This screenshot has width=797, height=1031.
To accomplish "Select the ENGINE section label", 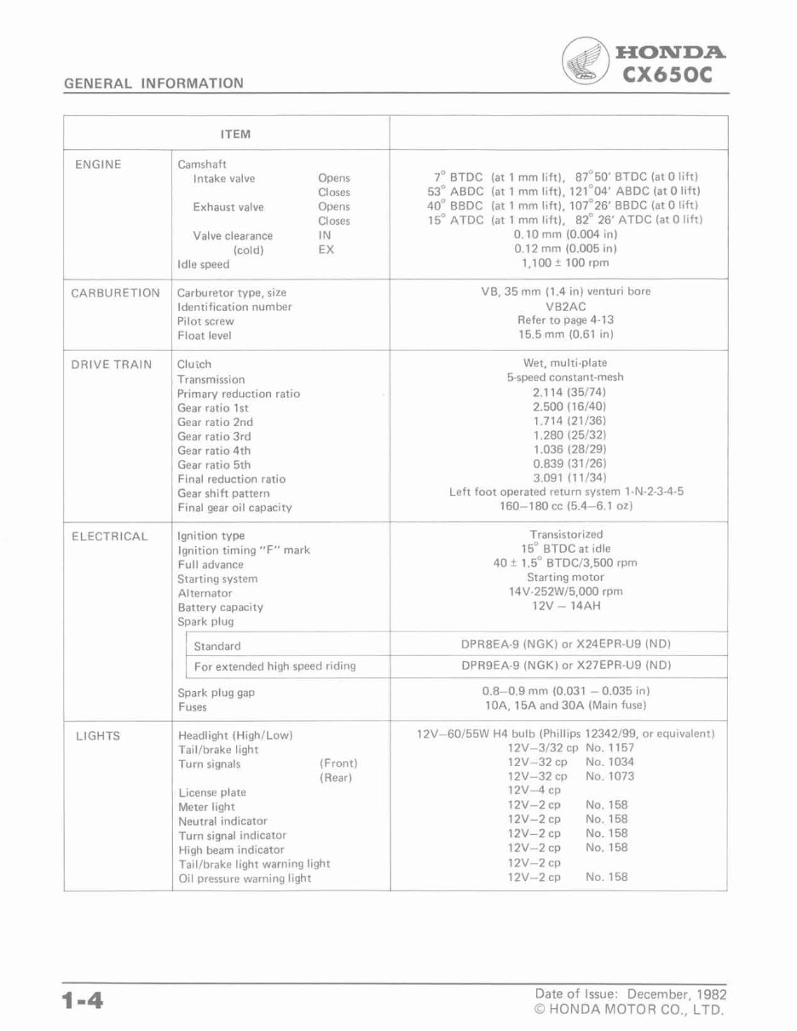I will (x=98, y=164).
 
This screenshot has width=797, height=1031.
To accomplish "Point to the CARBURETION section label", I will (x=115, y=292).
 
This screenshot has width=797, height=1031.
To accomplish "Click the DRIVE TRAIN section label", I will (x=112, y=365).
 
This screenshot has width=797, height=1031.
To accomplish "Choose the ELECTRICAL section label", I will (x=109, y=536).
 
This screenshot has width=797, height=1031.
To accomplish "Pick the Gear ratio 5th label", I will (x=214, y=465).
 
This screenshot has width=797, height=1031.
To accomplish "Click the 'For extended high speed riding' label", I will (x=274, y=665).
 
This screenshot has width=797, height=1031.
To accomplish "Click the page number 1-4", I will (x=82, y=1002).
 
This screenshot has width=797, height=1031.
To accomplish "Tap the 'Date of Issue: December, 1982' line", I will (x=631, y=994).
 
